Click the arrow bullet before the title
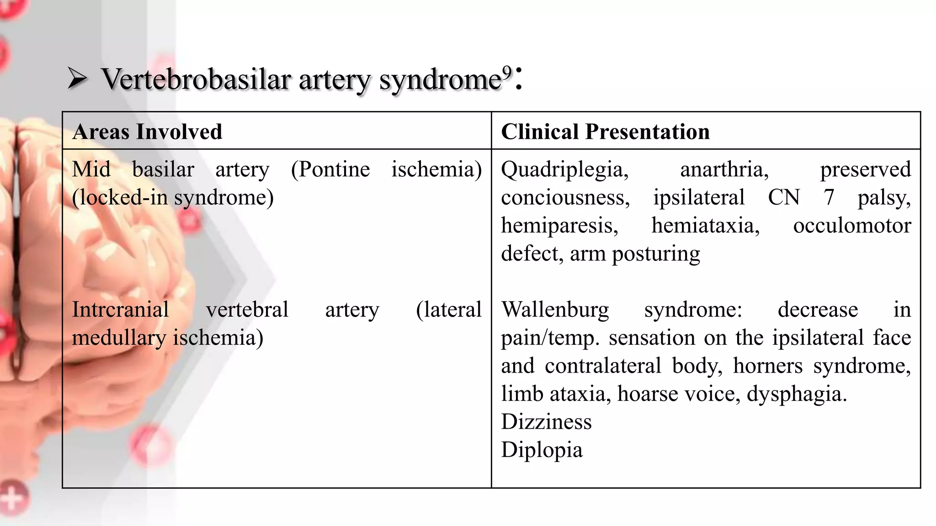tap(77, 78)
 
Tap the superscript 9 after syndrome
tap(507, 72)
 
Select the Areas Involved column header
tap(147, 131)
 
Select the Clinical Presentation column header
tap(605, 131)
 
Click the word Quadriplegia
tap(564, 169)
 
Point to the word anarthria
tap(724, 169)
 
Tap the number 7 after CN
tap(829, 198)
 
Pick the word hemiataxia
tap(705, 226)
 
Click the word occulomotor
tap(852, 226)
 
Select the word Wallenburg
tap(555, 310)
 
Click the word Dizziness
tap(546, 421)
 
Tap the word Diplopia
tap(542, 450)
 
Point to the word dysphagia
tap(797, 394)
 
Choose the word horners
tap(768, 366)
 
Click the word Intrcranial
tap(120, 310)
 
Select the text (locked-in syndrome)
tap(173, 198)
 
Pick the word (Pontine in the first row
tap(330, 169)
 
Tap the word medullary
tap(118, 338)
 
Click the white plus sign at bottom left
tap(12, 499)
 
